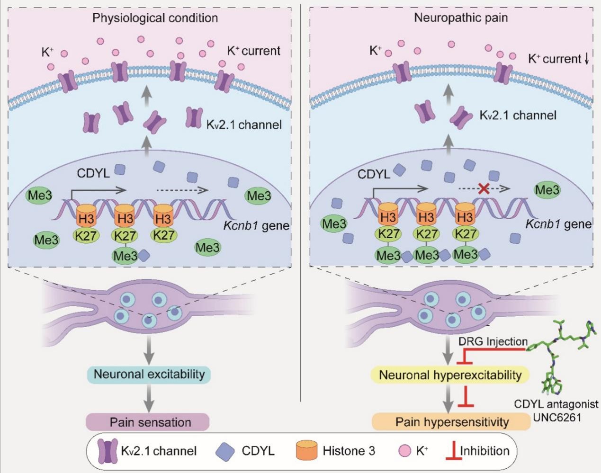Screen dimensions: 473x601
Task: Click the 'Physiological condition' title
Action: pos(155,18)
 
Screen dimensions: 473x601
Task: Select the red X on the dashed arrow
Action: pos(484,189)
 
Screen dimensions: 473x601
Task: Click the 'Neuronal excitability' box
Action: pos(149,374)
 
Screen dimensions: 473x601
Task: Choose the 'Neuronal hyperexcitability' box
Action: pos(450,375)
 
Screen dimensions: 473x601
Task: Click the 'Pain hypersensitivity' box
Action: pos(451,421)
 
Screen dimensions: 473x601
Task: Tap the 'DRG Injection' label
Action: pos(493,341)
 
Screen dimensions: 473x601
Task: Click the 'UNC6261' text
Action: pos(556,418)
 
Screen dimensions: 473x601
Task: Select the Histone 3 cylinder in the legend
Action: pos(306,450)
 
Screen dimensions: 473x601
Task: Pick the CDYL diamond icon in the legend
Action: pos(225,450)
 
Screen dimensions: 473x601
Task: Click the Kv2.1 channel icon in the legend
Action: pos(107,451)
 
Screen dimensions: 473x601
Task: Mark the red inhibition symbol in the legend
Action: pos(452,451)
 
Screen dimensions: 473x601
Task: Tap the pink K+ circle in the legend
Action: pos(405,451)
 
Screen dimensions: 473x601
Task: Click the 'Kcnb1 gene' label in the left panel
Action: pos(256,225)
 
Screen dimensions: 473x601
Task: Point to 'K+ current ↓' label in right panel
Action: pos(558,59)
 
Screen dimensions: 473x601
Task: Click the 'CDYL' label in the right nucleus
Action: pos(373,174)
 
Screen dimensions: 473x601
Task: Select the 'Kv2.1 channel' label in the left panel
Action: pos(243,125)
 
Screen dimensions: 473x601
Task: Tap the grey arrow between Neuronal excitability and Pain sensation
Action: pos(149,398)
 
